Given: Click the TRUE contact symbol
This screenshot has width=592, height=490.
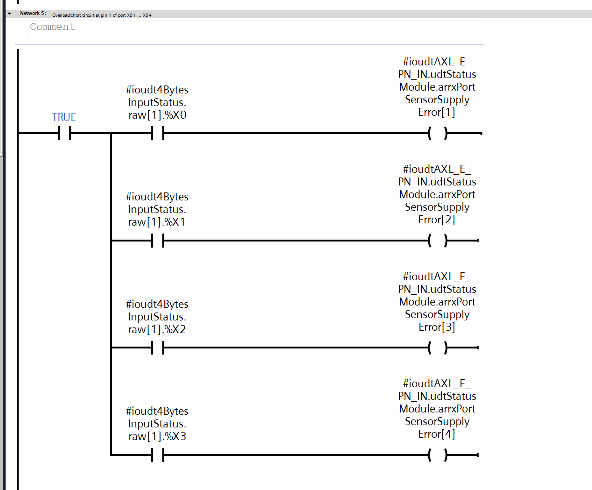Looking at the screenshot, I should click(64, 134).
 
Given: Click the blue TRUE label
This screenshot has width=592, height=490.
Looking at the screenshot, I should click(64, 117).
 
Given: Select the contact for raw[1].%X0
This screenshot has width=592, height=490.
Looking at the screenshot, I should click(158, 134).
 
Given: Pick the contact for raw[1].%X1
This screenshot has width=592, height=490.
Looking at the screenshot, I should click(158, 241).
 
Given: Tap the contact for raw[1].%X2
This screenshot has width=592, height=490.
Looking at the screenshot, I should click(158, 348).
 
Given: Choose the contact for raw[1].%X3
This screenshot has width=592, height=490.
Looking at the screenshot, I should click(158, 455).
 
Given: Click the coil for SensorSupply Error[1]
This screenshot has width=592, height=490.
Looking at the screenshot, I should click(438, 134).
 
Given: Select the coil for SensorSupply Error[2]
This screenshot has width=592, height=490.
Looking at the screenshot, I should click(438, 241).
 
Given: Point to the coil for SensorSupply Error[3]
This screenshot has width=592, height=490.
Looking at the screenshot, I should click(438, 348).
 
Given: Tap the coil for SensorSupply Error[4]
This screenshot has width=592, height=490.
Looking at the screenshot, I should click(438, 455).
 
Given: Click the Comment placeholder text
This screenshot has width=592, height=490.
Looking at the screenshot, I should click(52, 27).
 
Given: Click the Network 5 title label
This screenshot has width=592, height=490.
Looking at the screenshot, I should click(33, 14).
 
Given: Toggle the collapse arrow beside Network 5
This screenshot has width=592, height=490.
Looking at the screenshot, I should click(9, 14).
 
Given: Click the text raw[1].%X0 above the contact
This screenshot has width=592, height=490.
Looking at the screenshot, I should click(157, 115).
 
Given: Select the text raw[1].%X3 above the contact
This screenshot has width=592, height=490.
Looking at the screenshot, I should click(157, 436).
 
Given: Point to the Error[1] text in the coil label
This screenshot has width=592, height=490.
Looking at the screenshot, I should click(437, 112).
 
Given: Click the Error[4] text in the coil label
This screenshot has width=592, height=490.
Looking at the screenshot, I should click(437, 434).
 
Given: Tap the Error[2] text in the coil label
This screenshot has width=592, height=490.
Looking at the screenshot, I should click(437, 220).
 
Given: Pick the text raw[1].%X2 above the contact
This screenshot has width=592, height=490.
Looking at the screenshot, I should click(157, 329).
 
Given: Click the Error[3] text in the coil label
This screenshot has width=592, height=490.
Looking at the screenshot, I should click(437, 327).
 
